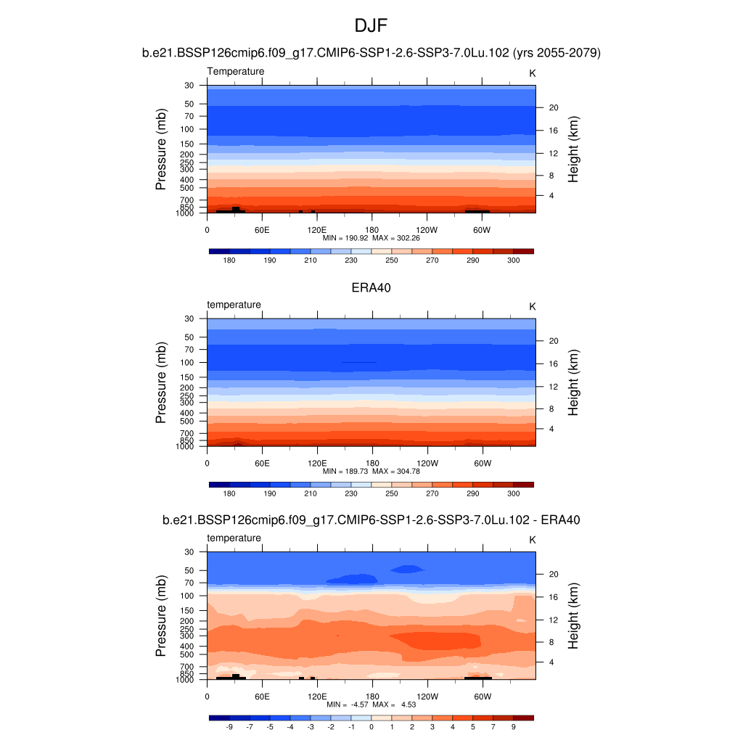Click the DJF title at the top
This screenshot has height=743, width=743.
371,26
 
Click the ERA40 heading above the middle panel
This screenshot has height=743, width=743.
371,287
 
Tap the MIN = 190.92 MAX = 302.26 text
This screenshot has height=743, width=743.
371,237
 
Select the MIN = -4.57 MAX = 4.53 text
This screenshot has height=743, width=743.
371,705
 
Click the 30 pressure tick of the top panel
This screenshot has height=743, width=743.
189,86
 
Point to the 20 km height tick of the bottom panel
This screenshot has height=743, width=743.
552,574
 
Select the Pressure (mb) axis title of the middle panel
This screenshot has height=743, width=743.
161,382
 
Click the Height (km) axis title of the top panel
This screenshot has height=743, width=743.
573,149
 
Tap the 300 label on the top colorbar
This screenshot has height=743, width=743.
513,260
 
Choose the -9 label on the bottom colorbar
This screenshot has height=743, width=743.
229,726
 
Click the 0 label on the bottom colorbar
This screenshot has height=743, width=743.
371,726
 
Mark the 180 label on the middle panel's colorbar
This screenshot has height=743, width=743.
229,493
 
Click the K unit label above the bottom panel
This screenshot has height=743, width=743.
532,540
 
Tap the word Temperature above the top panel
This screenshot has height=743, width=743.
236,71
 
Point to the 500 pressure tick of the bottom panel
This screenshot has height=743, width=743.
187,654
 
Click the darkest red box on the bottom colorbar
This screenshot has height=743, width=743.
523,718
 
